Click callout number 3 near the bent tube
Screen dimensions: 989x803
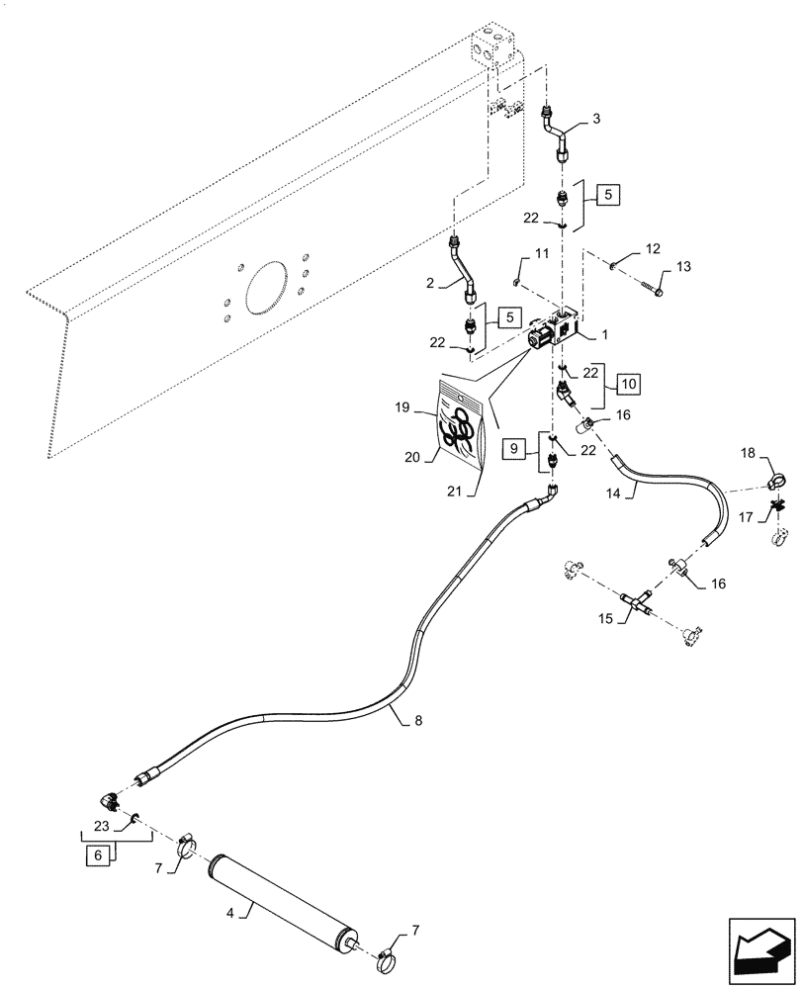coord(595,120)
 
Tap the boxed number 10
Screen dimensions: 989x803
coord(629,381)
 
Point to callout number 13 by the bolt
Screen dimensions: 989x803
coord(685,269)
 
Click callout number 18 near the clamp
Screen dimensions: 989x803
coord(748,452)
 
